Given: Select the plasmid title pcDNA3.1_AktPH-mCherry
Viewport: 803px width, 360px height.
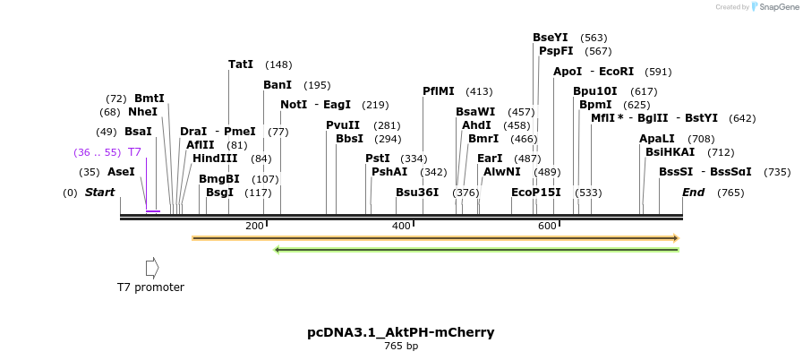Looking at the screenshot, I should click(x=400, y=332).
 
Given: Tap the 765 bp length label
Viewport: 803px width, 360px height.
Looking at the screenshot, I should click(x=400, y=346).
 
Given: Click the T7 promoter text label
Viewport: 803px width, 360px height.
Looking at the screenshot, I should click(x=150, y=287).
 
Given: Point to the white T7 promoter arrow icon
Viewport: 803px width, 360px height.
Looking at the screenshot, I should click(x=152, y=268).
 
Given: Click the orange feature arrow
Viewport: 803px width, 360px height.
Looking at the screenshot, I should click(x=435, y=238).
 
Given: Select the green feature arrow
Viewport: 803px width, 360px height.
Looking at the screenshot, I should click(x=475, y=250).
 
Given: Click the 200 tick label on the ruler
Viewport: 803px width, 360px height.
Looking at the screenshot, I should click(x=254, y=226).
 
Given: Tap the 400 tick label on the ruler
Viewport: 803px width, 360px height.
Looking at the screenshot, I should click(x=401, y=226).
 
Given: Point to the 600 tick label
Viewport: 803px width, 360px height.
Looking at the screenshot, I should click(x=547, y=226).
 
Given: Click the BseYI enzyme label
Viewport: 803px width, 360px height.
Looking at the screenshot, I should click(x=550, y=38).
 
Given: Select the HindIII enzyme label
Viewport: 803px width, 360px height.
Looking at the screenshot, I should click(x=215, y=159).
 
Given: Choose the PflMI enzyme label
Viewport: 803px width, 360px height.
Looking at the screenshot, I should click(x=439, y=91).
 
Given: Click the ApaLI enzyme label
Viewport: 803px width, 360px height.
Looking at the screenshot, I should click(x=657, y=139).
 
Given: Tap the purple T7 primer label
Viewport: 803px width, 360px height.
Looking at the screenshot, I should click(x=134, y=152).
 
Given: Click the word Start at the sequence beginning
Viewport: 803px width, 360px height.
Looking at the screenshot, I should click(x=99, y=193).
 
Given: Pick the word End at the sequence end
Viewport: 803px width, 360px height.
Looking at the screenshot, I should click(x=693, y=193).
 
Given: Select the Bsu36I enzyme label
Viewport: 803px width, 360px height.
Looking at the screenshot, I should click(x=417, y=193).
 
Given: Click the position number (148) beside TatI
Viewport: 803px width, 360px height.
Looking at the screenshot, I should click(x=278, y=64).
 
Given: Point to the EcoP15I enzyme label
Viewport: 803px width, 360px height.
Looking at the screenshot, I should click(x=535, y=193).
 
